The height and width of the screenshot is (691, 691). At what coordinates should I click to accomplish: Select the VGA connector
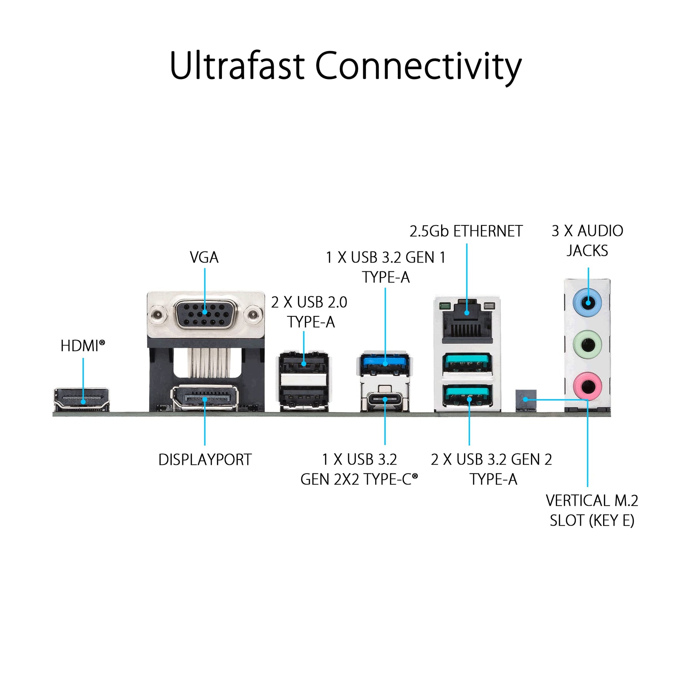point(205,314)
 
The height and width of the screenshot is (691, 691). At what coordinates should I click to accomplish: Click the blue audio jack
point(587,303)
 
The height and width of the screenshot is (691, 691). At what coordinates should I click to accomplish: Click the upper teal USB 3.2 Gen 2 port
point(467,363)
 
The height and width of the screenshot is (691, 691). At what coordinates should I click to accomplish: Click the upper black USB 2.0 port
point(303,363)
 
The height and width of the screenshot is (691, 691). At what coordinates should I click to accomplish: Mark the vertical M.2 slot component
point(526,400)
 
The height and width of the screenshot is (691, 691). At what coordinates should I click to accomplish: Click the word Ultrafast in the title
point(237,66)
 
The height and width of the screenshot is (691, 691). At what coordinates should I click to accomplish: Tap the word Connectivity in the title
point(418,67)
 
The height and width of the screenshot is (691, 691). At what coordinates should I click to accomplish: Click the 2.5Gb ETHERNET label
point(466,231)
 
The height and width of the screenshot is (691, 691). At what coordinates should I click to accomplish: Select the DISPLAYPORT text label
point(205,460)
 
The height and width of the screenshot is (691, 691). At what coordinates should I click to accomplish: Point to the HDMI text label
point(82,346)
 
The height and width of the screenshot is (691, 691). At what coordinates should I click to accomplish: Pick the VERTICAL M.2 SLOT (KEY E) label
point(592,511)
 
